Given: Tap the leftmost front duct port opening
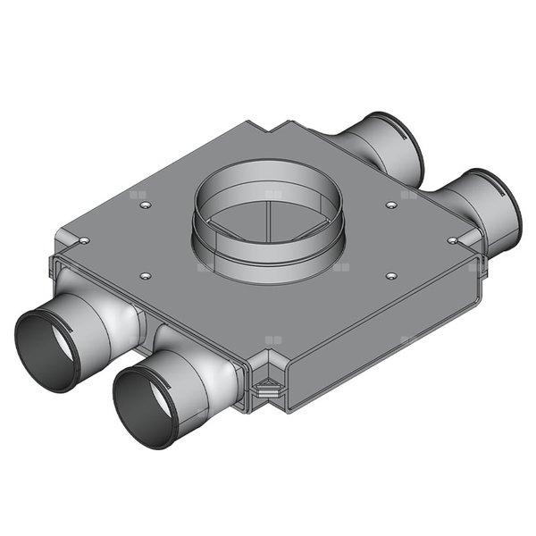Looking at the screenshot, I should click(x=48, y=349).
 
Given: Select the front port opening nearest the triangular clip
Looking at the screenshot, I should click(x=146, y=404).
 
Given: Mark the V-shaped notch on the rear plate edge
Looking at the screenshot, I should click(x=273, y=128).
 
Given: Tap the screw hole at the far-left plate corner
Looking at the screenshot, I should click(x=83, y=240).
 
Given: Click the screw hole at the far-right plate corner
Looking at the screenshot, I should click(x=452, y=240).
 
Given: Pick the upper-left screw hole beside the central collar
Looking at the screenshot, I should click(x=145, y=205).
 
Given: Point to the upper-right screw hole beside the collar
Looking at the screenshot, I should click(x=391, y=205).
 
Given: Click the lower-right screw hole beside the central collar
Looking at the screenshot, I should click(x=391, y=276).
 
